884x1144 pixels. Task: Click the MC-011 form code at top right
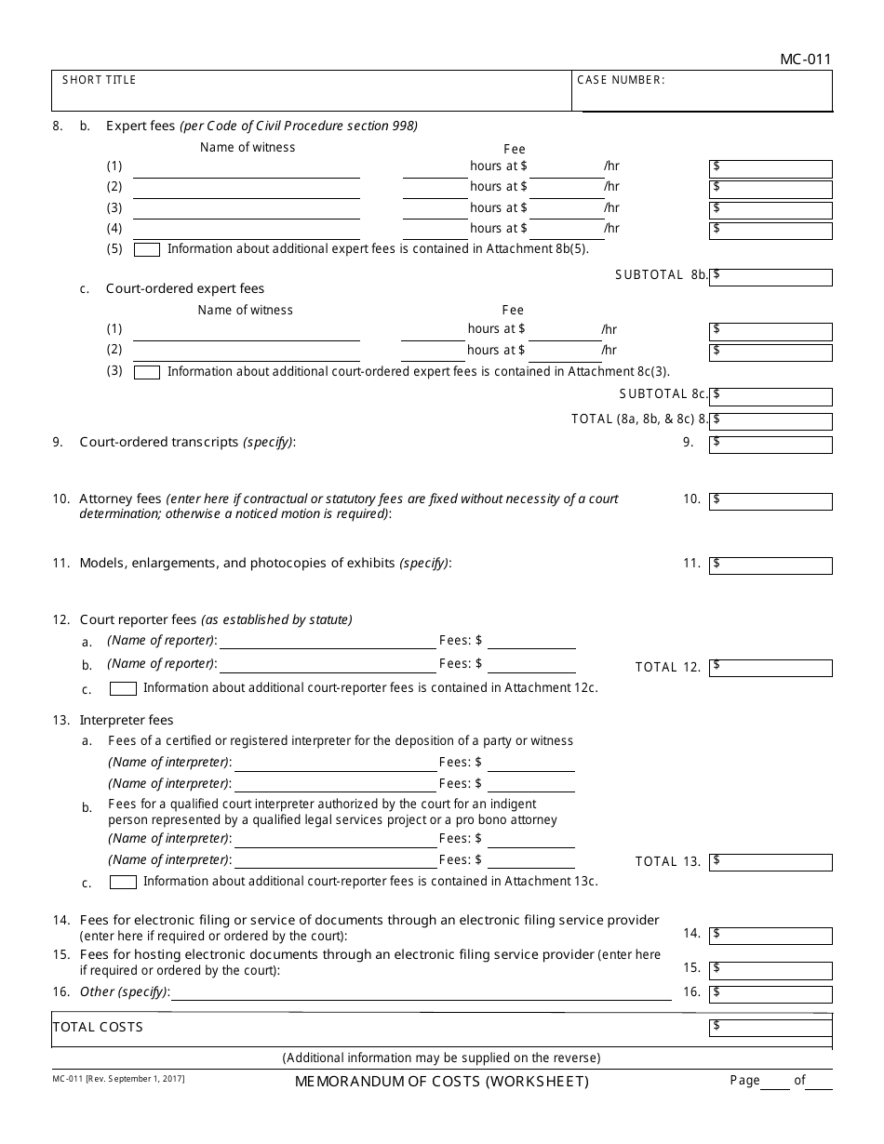click(x=806, y=60)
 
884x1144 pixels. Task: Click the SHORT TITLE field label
click(x=99, y=80)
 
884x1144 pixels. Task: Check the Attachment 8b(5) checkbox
click(x=147, y=249)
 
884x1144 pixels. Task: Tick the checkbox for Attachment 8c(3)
click(x=147, y=372)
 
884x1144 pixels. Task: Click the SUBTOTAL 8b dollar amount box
click(x=770, y=277)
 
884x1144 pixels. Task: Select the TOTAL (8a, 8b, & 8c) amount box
click(x=770, y=420)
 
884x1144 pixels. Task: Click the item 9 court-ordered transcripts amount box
click(x=770, y=445)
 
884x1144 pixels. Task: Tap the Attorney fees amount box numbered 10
click(x=770, y=501)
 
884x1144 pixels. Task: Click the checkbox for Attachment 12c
click(x=123, y=689)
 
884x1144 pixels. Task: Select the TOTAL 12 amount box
click(x=770, y=668)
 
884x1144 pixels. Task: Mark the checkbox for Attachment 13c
click(x=123, y=883)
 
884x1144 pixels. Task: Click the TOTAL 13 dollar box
click(x=770, y=862)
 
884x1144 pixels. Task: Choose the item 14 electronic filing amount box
click(x=770, y=934)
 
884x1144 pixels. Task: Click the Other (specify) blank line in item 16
click(x=421, y=993)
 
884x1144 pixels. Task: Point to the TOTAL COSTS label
click(x=99, y=1027)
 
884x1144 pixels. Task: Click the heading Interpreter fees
click(x=127, y=720)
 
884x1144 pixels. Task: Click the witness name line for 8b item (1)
click(x=247, y=168)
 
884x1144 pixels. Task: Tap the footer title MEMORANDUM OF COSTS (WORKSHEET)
click(x=442, y=1082)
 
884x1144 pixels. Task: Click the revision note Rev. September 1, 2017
click(x=118, y=1079)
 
